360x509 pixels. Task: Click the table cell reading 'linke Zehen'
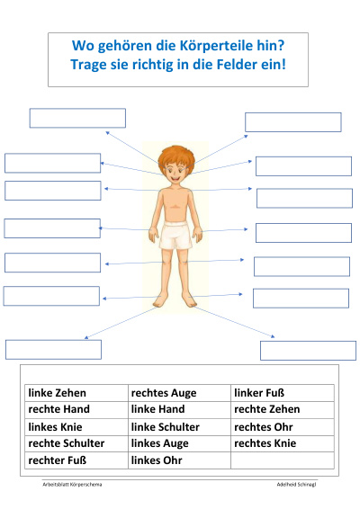pyautogui.click(x=76, y=393)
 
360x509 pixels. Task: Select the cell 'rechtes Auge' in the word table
pyautogui.click(x=179, y=393)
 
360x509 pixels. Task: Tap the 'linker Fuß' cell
pyautogui.click(x=283, y=393)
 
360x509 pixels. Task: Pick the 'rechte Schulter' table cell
pyautogui.click(x=76, y=443)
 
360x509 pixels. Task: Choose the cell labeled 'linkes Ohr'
pyautogui.click(x=179, y=460)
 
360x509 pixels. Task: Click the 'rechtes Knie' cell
pyautogui.click(x=283, y=443)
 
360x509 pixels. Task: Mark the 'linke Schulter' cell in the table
pyautogui.click(x=179, y=427)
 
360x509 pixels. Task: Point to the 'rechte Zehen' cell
pyautogui.click(x=283, y=410)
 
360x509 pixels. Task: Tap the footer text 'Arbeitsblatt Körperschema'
pyautogui.click(x=72, y=485)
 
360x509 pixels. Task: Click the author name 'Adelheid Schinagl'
pyautogui.click(x=296, y=485)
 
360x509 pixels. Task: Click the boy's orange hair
pyautogui.click(x=176, y=156)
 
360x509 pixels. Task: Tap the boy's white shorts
pyautogui.click(x=175, y=235)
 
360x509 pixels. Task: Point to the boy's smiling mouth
pyautogui.click(x=175, y=178)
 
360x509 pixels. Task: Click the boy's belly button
pyautogui.click(x=175, y=207)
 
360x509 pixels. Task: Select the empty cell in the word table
pyautogui.click(x=283, y=460)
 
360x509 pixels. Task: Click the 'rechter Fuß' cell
pyautogui.click(x=76, y=460)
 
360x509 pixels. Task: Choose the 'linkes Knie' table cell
pyautogui.click(x=76, y=427)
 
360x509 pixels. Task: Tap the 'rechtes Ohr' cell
pyautogui.click(x=283, y=427)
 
